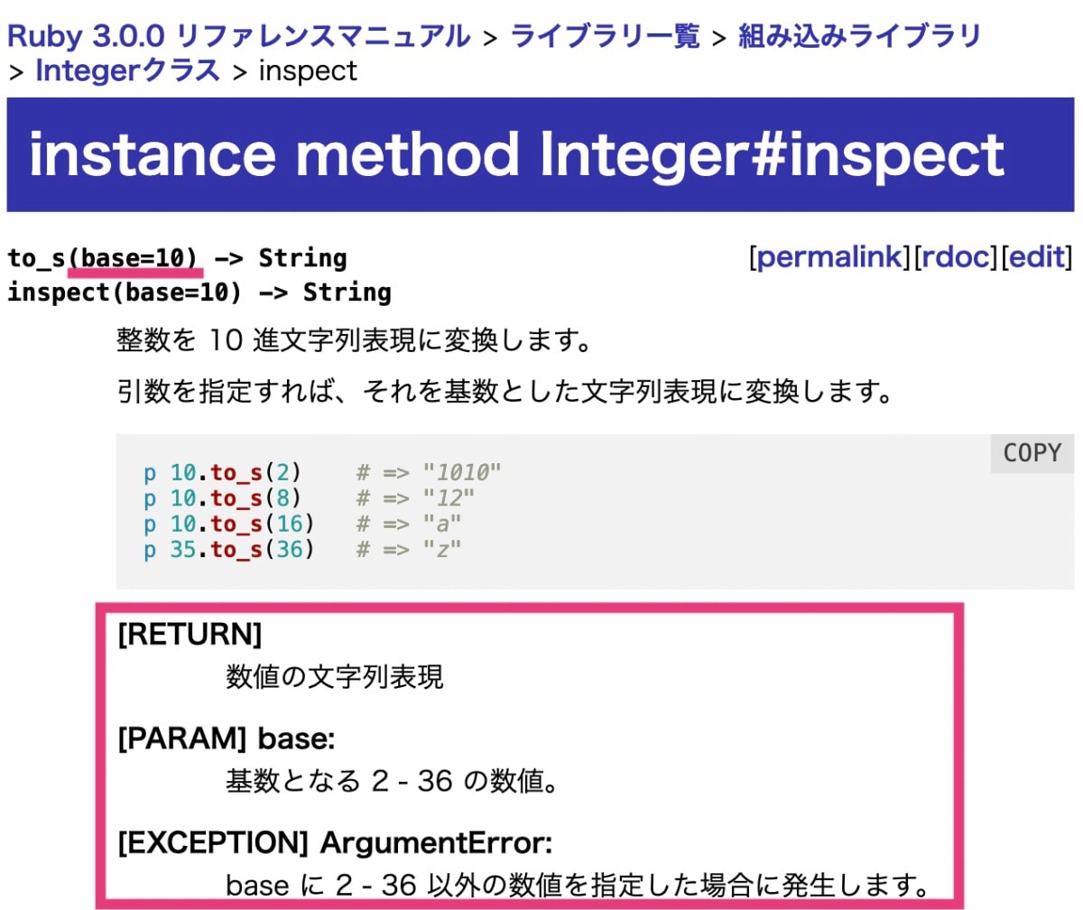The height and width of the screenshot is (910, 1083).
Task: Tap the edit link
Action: tap(1037, 258)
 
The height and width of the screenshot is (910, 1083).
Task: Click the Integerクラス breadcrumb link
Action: tap(127, 70)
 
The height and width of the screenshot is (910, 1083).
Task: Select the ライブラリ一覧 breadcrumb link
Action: tap(605, 37)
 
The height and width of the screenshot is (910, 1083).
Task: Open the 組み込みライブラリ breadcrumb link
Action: tap(859, 37)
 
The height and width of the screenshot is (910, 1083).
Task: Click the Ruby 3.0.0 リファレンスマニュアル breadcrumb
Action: tap(239, 37)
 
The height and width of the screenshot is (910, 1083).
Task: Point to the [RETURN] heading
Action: tap(190, 635)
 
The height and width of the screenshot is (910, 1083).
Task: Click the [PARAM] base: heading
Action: tap(227, 739)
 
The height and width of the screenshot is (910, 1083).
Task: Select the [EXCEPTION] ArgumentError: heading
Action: tap(335, 844)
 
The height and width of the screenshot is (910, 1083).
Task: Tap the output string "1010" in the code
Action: tap(467, 471)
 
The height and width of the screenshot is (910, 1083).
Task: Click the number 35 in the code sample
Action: tap(183, 549)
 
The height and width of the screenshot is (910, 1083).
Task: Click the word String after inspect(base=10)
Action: tap(347, 292)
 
